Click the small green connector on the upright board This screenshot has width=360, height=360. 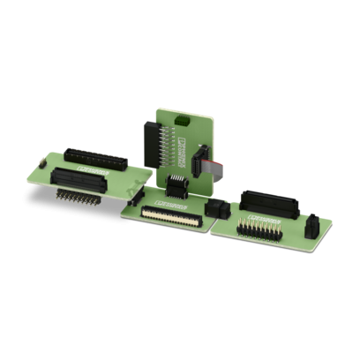click(x=181, y=119)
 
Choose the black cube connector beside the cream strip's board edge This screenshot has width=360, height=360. click(x=214, y=209)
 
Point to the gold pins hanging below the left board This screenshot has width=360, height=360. click(x=76, y=197)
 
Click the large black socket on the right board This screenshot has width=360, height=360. click(x=268, y=202)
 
